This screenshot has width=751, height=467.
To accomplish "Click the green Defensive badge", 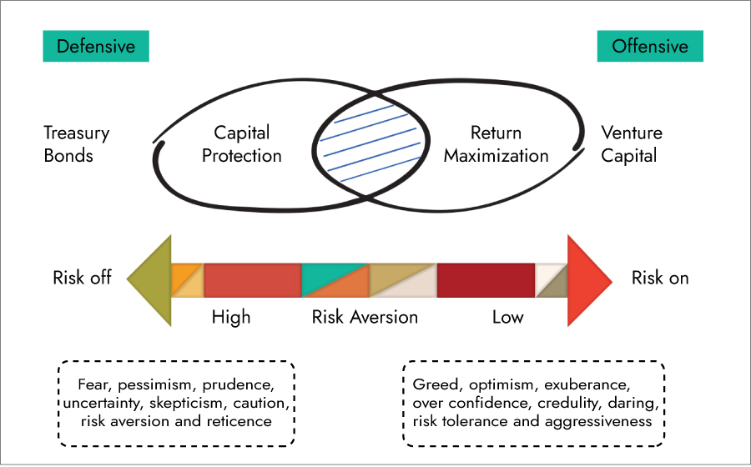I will (96, 46).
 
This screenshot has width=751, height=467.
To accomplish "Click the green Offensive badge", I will (650, 46).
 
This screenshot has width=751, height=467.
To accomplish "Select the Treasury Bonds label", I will (77, 143).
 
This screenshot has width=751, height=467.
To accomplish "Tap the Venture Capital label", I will (632, 143).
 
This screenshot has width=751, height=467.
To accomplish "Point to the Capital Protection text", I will (242, 143).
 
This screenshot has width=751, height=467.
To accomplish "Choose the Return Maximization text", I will (496, 143).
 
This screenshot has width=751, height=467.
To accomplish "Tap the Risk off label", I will (82, 278).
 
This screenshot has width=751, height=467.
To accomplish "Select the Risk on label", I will (660, 278).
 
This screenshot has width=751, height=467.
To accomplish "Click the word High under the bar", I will (231, 317).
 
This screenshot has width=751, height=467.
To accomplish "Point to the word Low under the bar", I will (507, 317).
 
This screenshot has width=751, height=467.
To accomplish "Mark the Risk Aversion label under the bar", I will (365, 317).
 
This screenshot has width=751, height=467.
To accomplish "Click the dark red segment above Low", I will (486, 279).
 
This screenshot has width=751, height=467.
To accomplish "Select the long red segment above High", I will (252, 279).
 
